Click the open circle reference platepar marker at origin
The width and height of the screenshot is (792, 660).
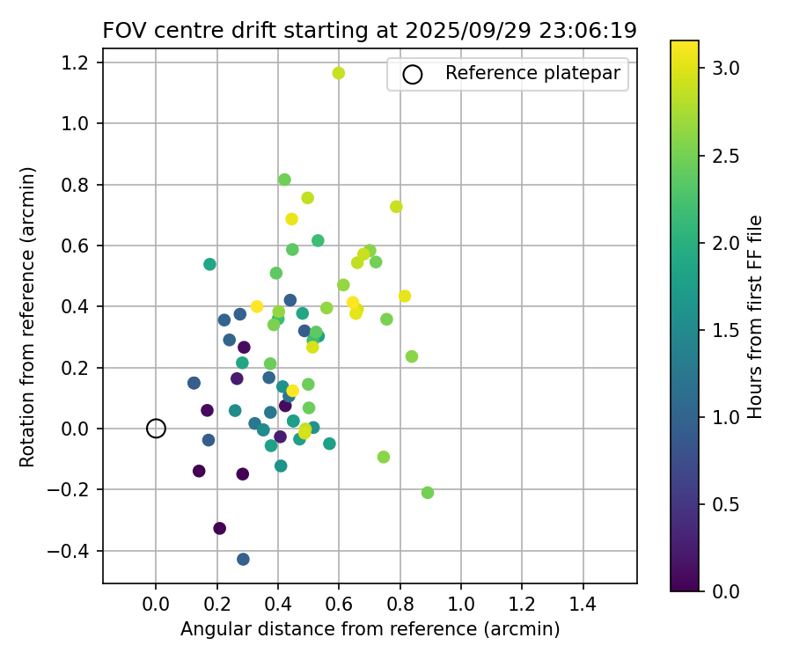click(x=156, y=429)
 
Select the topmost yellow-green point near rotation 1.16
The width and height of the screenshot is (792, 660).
click(x=339, y=73)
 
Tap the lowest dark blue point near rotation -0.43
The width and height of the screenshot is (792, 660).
click(x=243, y=559)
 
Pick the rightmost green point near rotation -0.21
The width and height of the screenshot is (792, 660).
click(x=428, y=493)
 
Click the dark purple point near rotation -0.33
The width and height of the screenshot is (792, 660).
click(x=220, y=528)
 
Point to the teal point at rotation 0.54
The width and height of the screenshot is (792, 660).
click(x=209, y=264)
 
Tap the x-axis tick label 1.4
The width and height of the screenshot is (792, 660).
click(x=583, y=605)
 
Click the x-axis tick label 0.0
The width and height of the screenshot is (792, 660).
click(x=156, y=605)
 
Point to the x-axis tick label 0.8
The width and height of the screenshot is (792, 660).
click(x=400, y=605)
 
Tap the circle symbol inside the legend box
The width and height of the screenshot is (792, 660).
click(x=412, y=75)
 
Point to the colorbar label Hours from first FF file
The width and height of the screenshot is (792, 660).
click(x=755, y=317)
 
